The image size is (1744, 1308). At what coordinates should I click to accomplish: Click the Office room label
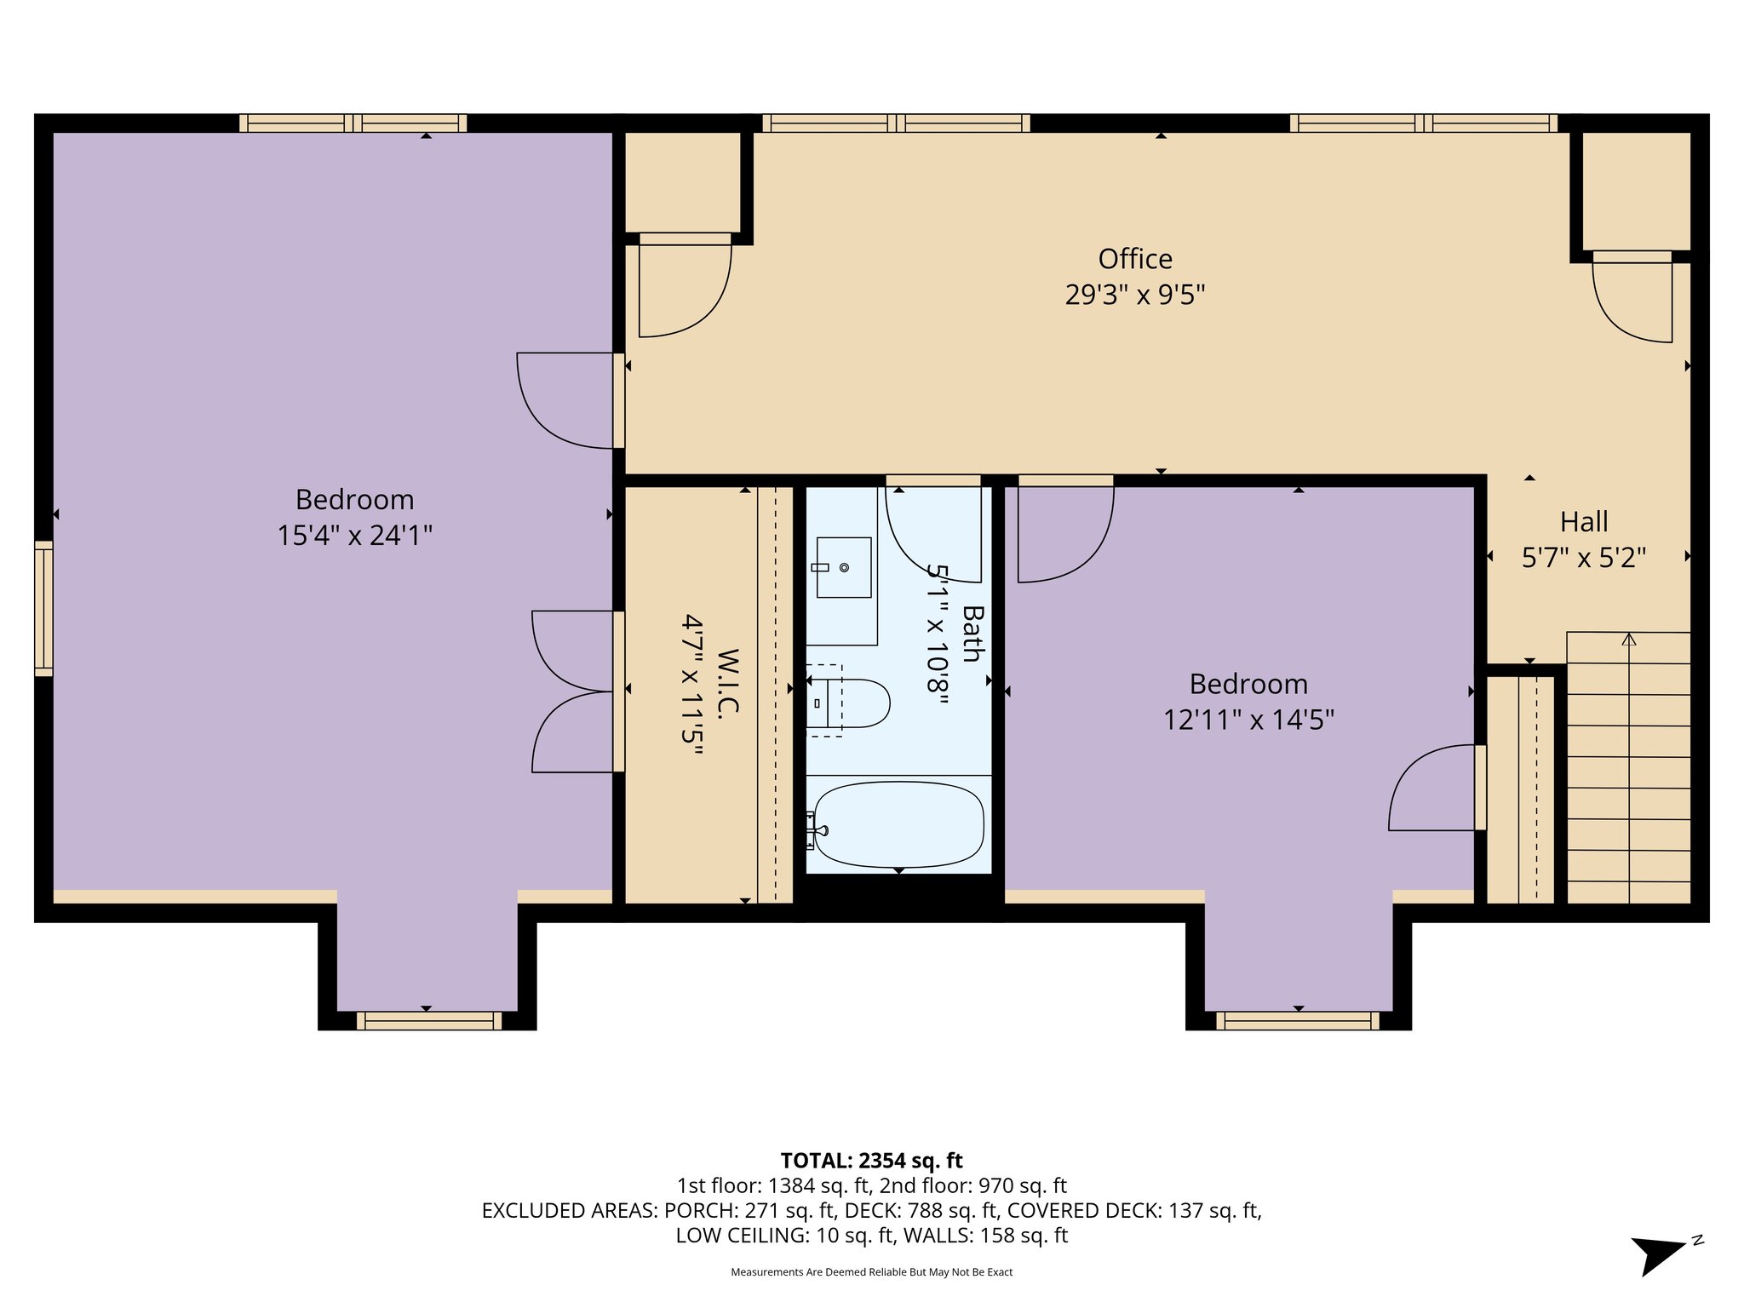[1134, 259]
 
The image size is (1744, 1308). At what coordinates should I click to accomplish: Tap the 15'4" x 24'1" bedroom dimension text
[354, 536]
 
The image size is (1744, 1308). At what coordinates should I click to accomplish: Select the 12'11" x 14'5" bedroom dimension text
[1248, 720]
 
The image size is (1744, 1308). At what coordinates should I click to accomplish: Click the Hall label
[1583, 521]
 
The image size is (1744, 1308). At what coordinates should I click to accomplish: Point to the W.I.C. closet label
[726, 685]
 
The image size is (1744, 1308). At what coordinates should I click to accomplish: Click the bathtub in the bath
[898, 824]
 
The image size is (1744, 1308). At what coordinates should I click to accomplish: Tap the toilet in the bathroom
[856, 703]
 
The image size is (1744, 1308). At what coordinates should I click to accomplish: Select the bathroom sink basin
[843, 567]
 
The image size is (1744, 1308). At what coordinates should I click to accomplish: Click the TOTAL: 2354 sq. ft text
[871, 1161]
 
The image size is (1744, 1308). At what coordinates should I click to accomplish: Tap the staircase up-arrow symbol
[1628, 640]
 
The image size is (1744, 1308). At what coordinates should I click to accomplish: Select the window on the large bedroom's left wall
[43, 608]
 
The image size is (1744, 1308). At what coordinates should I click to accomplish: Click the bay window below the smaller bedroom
[1297, 1020]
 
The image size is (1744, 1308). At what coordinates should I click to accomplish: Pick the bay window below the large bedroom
[428, 1020]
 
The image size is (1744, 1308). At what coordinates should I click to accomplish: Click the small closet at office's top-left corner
[682, 181]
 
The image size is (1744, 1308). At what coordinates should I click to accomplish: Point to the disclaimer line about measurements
[871, 1272]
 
